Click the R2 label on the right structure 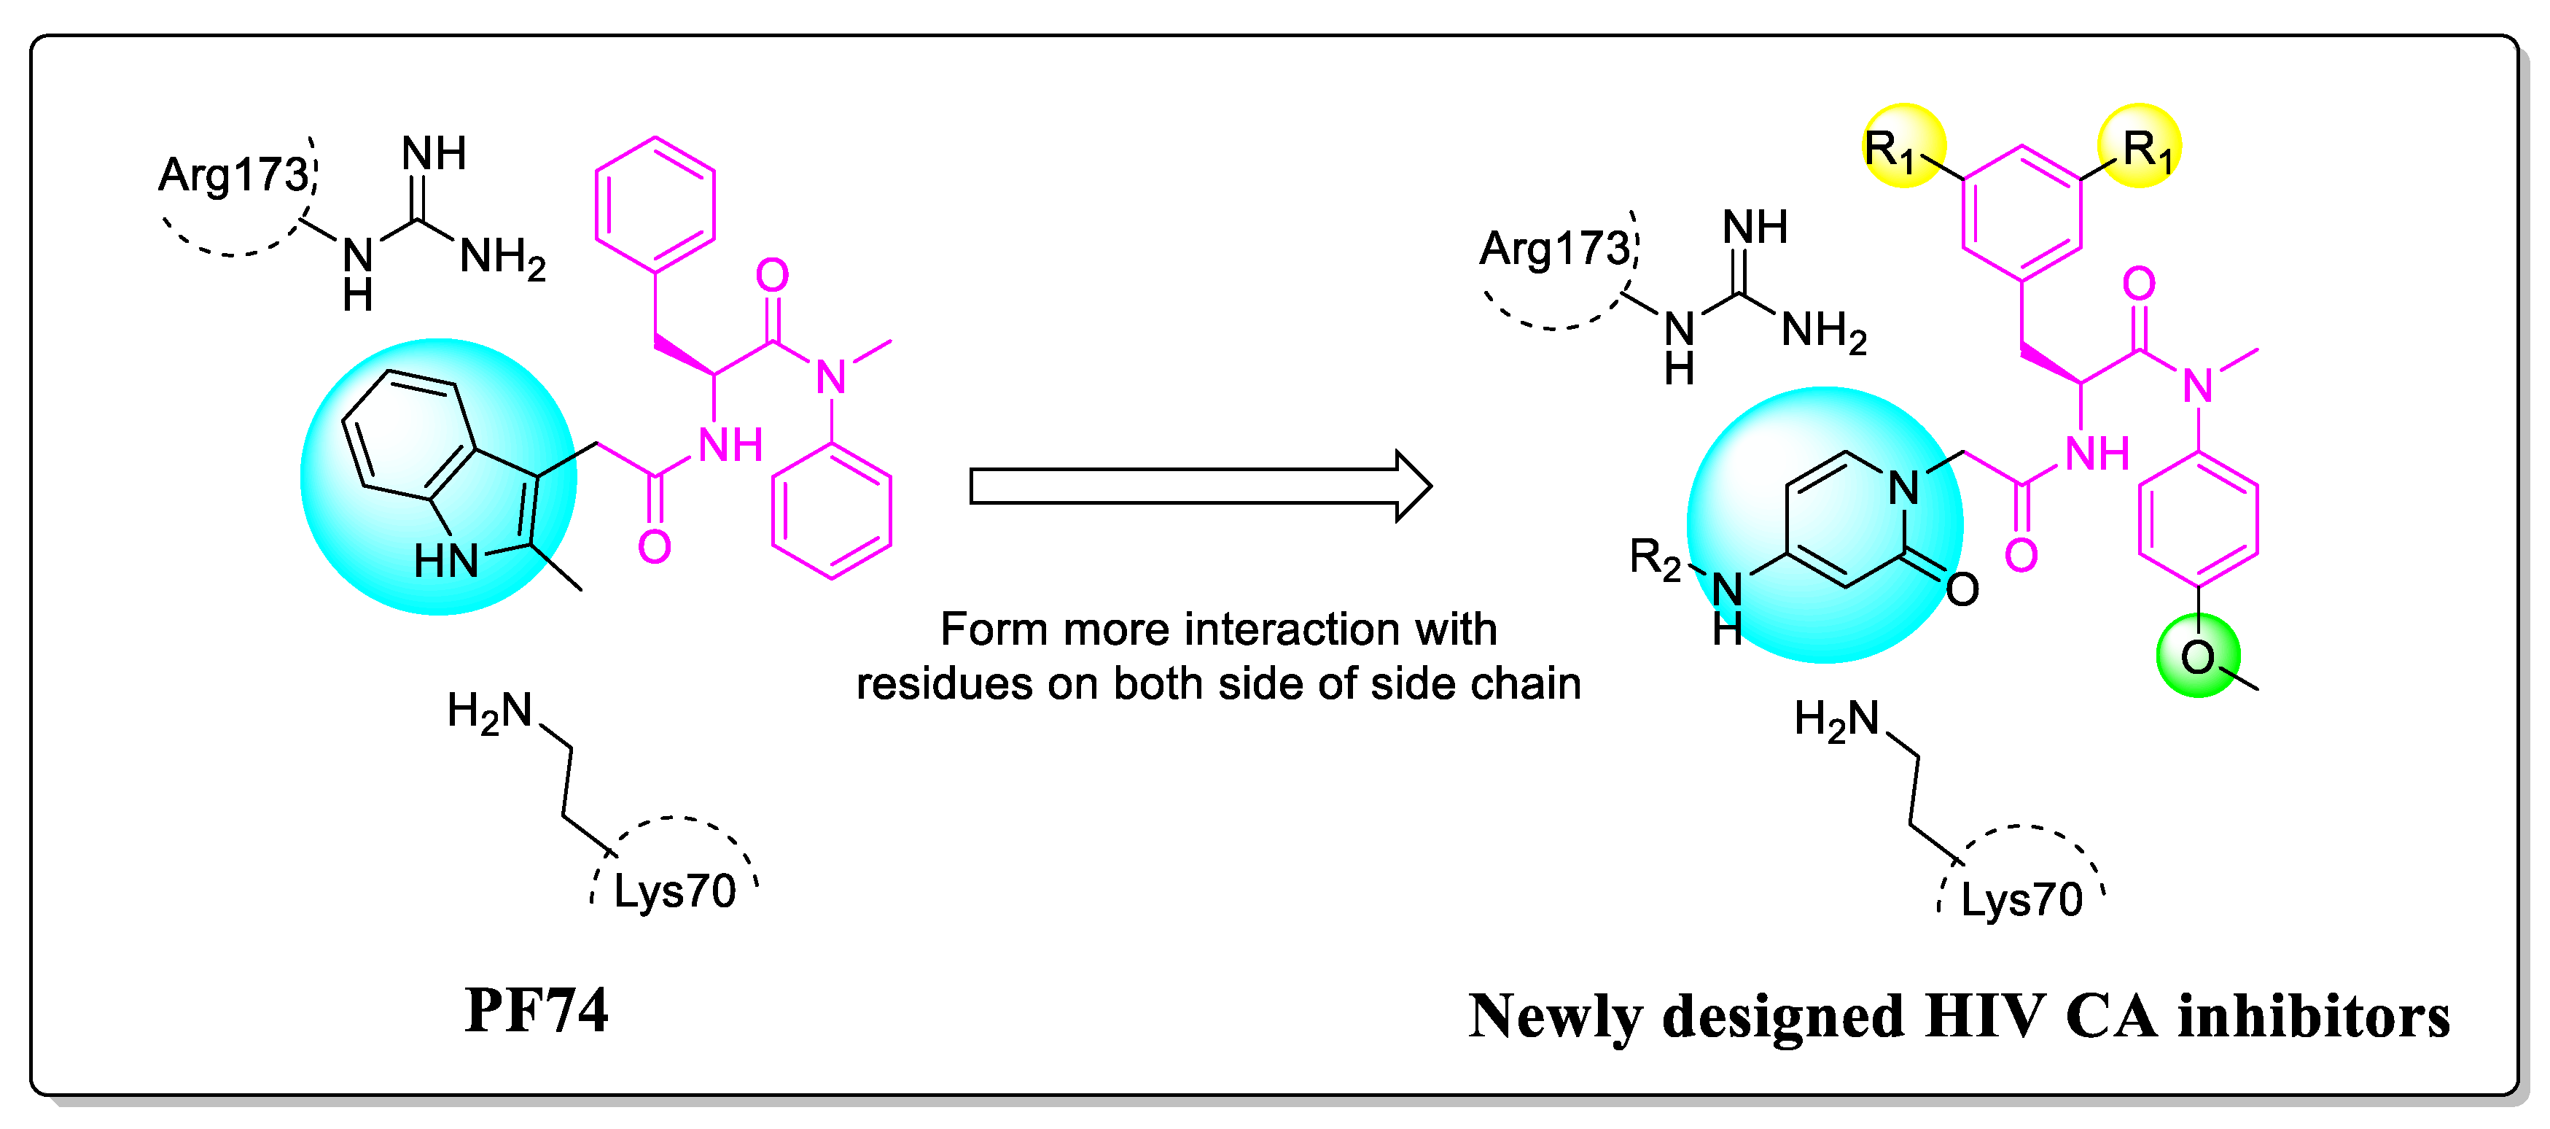(x=1654, y=559)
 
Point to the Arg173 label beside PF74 (x=233, y=175)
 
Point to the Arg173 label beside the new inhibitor (x=1554, y=249)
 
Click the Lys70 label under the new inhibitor (x=2021, y=900)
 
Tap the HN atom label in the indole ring (x=445, y=562)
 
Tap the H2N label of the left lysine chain (x=490, y=712)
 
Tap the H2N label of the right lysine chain (x=1836, y=720)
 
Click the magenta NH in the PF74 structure (x=730, y=446)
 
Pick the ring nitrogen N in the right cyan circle (x=1903, y=488)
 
